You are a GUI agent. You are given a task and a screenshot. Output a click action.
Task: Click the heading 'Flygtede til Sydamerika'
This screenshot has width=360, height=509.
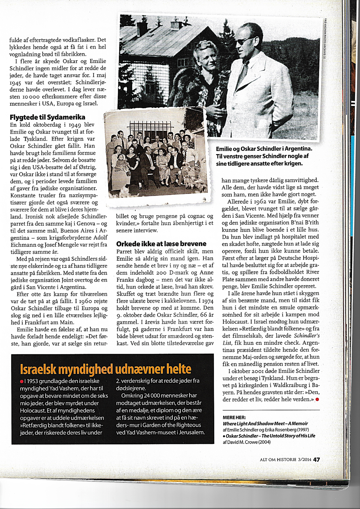pyautogui.click(x=47, y=117)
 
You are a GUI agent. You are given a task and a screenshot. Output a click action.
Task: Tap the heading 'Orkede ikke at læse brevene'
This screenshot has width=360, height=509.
pyautogui.click(x=161, y=244)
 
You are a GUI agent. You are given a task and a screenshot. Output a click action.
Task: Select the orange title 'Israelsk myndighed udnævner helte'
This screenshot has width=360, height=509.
pyautogui.click(x=105, y=369)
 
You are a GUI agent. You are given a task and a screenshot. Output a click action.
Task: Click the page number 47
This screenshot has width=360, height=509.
pyautogui.click(x=316, y=459)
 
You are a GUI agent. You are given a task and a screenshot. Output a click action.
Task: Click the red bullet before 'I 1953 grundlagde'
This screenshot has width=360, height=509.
pyautogui.click(x=22, y=381)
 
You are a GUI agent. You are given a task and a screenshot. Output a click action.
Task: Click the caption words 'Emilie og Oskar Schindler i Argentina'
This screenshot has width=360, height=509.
pyautogui.click(x=264, y=149)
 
